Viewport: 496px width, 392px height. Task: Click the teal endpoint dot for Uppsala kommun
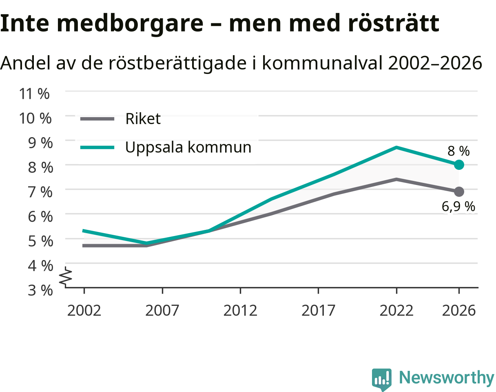pyautogui.click(x=459, y=165)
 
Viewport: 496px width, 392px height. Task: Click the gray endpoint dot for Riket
pyautogui.click(x=459, y=192)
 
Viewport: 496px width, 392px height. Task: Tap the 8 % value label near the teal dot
pyautogui.click(x=458, y=151)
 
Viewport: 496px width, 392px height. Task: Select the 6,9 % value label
pyautogui.click(x=458, y=206)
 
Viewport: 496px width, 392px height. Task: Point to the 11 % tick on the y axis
pyautogui.click(x=34, y=94)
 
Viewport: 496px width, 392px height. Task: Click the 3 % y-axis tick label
pyautogui.click(x=40, y=290)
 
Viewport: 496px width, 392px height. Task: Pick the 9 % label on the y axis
pyautogui.click(x=40, y=143)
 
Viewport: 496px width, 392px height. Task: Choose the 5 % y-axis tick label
pyautogui.click(x=40, y=241)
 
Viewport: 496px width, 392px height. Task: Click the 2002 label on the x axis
pyautogui.click(x=84, y=311)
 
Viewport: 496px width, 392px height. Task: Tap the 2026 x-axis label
pyautogui.click(x=459, y=311)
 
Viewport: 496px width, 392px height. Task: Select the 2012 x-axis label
pyautogui.click(x=240, y=311)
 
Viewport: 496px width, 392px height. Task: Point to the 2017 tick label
pyautogui.click(x=318, y=311)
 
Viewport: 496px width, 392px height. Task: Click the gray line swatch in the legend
pyautogui.click(x=97, y=119)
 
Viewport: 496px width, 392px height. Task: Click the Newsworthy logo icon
pyautogui.click(x=382, y=379)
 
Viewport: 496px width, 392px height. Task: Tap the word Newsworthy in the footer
pyautogui.click(x=447, y=378)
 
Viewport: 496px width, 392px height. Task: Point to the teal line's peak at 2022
pyautogui.click(x=396, y=147)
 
